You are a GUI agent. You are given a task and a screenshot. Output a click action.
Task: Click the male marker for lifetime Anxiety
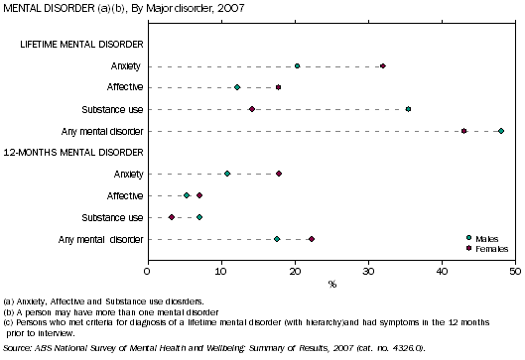point(297,66)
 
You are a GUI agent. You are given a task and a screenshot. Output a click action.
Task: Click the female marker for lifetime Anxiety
point(383,66)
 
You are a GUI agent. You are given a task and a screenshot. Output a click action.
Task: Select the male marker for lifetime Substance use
point(408,109)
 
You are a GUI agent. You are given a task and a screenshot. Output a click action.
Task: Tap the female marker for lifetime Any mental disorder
point(463,131)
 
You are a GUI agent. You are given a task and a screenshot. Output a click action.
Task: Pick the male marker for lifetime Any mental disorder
point(501,131)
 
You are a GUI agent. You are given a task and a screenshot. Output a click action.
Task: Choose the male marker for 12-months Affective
point(187,195)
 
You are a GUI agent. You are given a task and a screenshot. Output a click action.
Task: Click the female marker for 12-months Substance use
point(172,217)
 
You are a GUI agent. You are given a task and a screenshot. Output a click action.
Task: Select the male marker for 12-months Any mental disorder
point(277,239)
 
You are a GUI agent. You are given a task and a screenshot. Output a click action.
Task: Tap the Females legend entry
point(490,247)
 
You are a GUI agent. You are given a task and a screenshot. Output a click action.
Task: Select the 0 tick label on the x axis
point(148,270)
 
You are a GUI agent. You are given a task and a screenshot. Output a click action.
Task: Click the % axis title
point(331,285)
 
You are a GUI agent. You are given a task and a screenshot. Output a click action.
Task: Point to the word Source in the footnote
point(17,348)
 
